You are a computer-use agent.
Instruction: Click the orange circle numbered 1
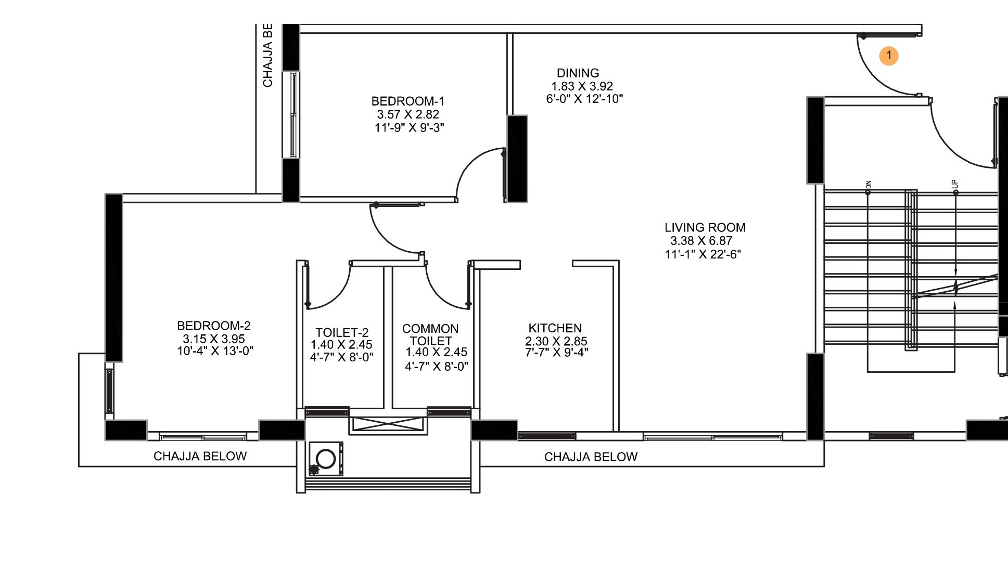coord(889,56)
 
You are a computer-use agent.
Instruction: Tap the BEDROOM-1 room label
coord(407,101)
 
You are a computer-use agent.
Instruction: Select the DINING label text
coord(578,73)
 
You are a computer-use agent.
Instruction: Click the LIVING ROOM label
coord(705,228)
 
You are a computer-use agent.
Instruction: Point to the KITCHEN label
coord(555,328)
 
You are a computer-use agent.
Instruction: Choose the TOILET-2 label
coord(342,333)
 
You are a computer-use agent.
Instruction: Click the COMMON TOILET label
coord(430,335)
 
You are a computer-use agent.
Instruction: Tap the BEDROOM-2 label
coord(213,326)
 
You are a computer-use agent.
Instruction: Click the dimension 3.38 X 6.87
coord(701,241)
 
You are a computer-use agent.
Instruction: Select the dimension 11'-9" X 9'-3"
coord(409,128)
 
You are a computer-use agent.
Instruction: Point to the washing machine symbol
coord(326,459)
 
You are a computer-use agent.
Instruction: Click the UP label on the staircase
coord(954,185)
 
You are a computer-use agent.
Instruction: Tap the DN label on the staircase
coord(868,185)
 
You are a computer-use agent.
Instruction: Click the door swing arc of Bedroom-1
coord(468,162)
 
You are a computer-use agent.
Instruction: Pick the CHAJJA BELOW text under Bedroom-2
coord(200,457)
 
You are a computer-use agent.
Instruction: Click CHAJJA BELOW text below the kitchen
coord(591,457)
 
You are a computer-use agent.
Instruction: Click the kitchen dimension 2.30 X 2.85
coord(556,342)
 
